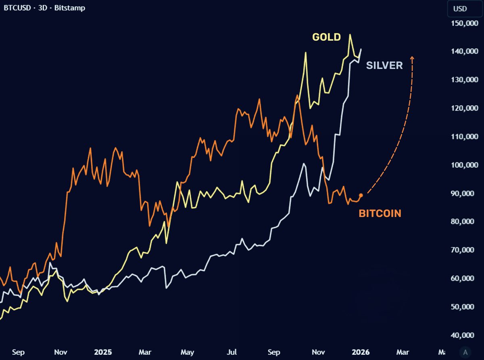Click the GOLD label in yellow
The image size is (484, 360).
tap(326, 37)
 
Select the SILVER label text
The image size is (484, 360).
tap(384, 65)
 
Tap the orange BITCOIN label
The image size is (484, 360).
tap(380, 214)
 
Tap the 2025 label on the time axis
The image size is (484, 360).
tap(103, 352)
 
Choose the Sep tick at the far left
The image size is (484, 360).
tap(18, 352)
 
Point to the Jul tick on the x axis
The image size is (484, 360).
tap(232, 352)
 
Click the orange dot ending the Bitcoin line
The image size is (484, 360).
tap(361, 195)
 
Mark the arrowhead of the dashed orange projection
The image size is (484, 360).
tap(412, 58)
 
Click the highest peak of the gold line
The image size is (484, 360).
tap(350, 35)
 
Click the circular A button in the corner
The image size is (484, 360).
tap(466, 352)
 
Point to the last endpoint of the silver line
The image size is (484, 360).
tap(361, 49)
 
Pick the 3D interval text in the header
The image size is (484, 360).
tap(42, 8)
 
